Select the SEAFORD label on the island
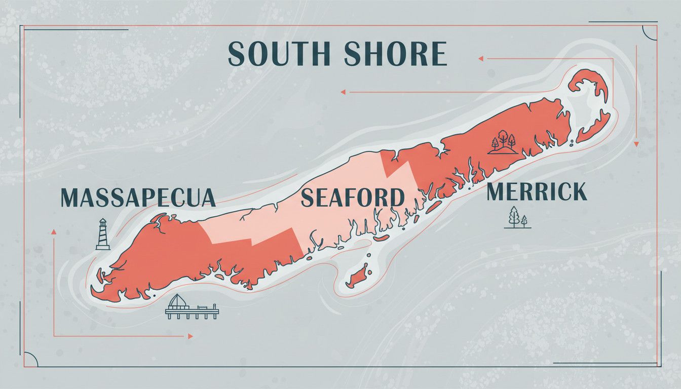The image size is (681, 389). point(353,198)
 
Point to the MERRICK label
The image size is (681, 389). point(537,192)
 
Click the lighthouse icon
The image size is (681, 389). point(103,234)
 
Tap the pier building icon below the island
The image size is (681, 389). point(192,307)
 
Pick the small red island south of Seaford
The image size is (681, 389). point(359,278)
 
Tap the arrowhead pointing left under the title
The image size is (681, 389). point(343,92)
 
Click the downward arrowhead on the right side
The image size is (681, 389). point(636,144)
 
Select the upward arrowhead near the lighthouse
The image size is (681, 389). point(53,231)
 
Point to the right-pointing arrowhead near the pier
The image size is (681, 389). point(190,336)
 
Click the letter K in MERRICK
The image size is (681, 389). point(579,192)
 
